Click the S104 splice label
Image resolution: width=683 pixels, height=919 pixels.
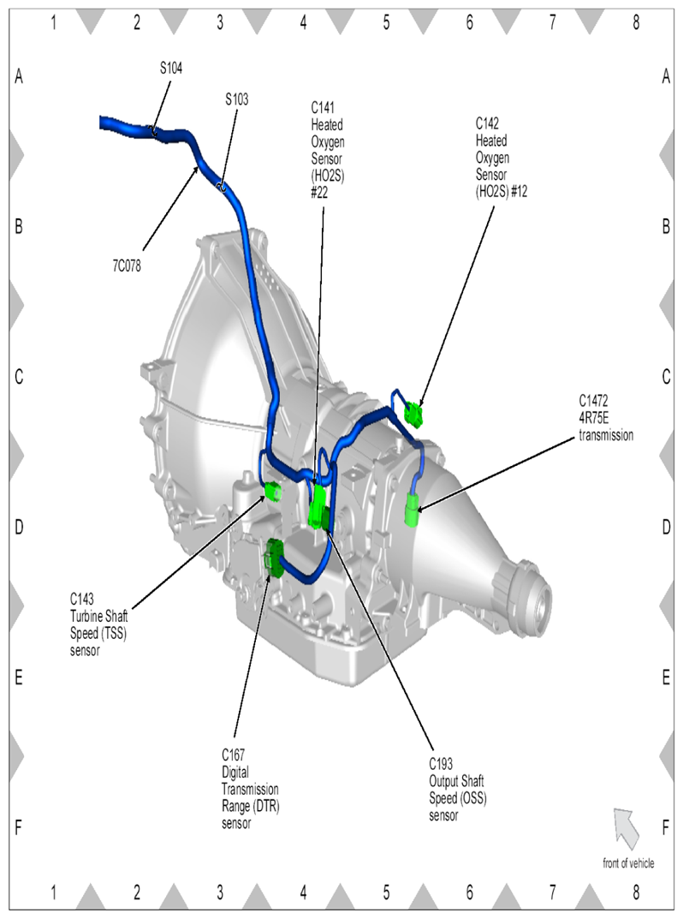click(x=171, y=69)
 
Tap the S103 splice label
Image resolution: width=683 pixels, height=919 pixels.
click(x=236, y=99)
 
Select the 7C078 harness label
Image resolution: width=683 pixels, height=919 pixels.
click(x=128, y=266)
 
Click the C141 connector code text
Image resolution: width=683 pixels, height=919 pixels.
click(x=323, y=108)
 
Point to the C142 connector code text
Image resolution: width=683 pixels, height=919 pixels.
click(x=487, y=123)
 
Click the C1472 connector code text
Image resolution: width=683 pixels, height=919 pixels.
click(x=593, y=401)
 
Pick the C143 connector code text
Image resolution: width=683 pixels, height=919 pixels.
click(x=82, y=599)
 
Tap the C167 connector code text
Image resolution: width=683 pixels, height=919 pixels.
click(x=233, y=755)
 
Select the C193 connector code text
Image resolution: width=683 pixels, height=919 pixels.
click(x=441, y=764)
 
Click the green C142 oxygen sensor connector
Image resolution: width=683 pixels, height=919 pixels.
click(x=414, y=415)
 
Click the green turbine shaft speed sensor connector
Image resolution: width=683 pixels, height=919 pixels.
click(x=273, y=490)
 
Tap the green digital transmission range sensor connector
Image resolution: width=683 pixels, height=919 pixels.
click(x=273, y=558)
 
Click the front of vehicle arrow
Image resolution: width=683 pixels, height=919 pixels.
click(x=626, y=828)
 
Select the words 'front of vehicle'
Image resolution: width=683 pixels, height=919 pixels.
click(x=628, y=863)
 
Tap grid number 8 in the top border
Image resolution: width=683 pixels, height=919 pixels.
click(x=636, y=23)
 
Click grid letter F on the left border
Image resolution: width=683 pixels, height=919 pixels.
click(x=18, y=828)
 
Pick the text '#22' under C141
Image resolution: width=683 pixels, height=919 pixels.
click(x=319, y=193)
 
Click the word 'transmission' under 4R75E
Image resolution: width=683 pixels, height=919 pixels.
click(x=606, y=435)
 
